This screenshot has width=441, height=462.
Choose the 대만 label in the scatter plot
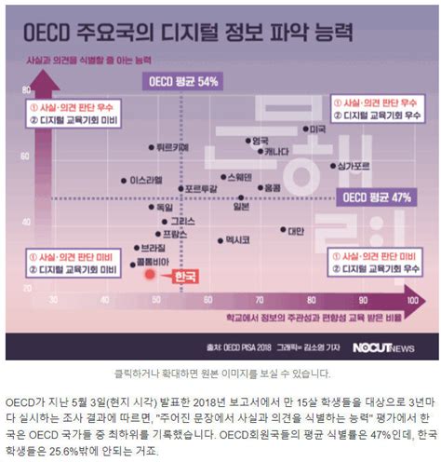point(295,230)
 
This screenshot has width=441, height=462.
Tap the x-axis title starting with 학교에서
point(308,319)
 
